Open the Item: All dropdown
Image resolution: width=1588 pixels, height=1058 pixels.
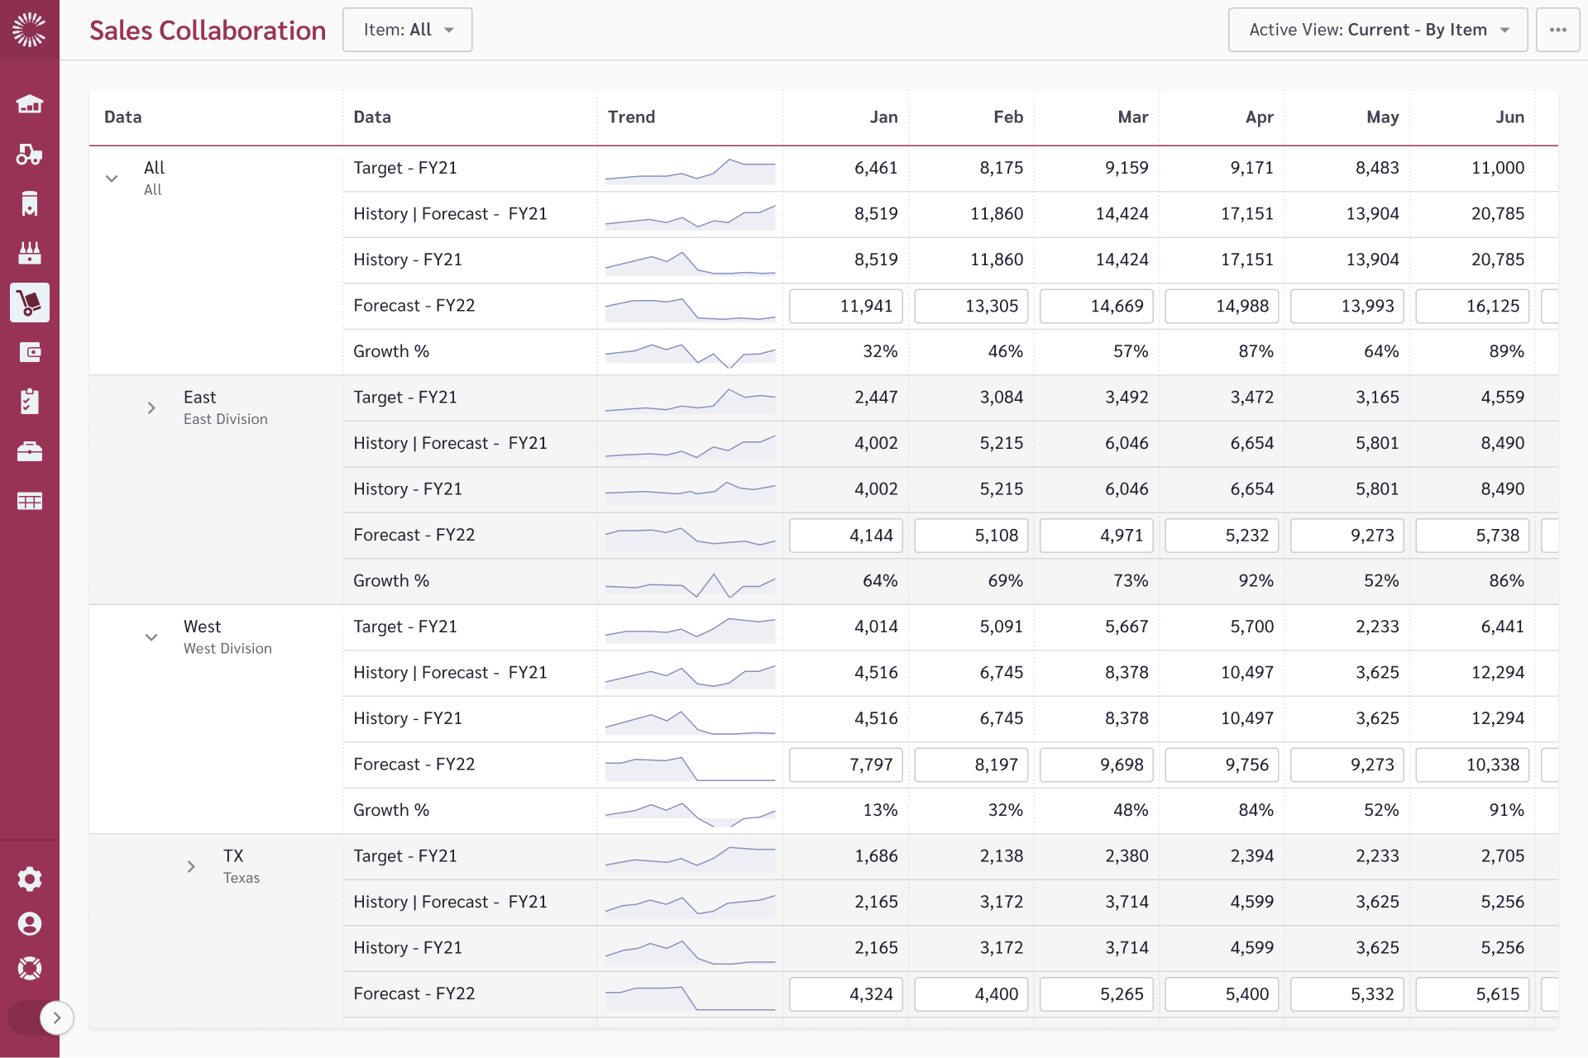[408, 30]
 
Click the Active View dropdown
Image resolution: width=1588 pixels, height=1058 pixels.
[1378, 30]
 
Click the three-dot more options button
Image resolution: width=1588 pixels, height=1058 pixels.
[1558, 30]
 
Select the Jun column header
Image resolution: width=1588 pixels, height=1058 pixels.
[1509, 117]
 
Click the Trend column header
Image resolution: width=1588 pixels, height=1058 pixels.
[631, 117]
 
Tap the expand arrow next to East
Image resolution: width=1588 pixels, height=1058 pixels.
[151, 407]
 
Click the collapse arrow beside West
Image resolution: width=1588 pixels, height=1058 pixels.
[151, 637]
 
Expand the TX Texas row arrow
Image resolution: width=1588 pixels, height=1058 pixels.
[191, 866]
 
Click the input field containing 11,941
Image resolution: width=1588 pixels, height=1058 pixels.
[846, 306]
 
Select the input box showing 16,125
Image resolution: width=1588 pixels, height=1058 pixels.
[1472, 306]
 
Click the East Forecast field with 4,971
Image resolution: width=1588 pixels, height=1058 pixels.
[1097, 536]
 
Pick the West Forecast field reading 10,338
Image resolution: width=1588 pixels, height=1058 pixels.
[1472, 765]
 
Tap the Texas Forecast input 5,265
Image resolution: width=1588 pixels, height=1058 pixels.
[1097, 994]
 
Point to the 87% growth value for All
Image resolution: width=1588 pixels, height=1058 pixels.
[1256, 351]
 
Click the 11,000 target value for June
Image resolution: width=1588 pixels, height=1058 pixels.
[1497, 168]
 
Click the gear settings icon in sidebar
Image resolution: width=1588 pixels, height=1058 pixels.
[30, 879]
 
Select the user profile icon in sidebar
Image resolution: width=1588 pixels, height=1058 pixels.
[30, 923]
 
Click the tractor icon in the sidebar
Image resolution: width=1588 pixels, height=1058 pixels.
[30, 154]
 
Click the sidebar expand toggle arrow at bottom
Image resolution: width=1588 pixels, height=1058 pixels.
[56, 1018]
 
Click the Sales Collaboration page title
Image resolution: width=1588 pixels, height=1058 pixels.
[208, 31]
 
